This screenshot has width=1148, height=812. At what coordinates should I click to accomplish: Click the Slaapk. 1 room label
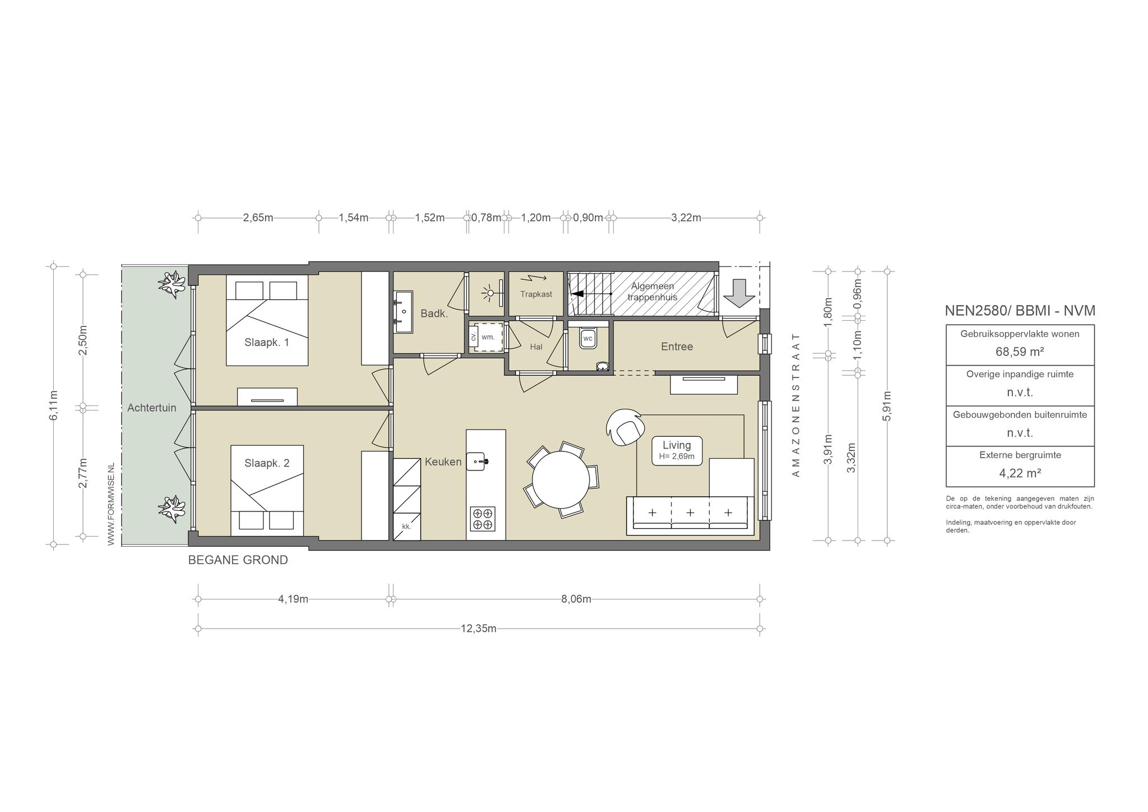[x=267, y=342]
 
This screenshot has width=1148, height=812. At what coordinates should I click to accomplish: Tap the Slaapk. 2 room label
[x=267, y=463]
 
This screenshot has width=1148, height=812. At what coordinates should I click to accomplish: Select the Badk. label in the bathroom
[x=434, y=313]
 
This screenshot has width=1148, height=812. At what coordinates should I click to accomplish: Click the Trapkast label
[x=536, y=294]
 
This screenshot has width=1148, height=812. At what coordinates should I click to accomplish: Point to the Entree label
[x=677, y=347]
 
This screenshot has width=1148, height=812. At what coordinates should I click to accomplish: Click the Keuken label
[x=443, y=462]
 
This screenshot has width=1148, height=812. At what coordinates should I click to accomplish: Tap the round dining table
[x=561, y=479]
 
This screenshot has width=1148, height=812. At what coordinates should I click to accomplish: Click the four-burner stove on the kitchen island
[x=483, y=519]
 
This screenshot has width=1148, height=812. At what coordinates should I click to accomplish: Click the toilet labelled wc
[x=588, y=338]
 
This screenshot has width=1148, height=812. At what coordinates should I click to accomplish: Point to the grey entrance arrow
[x=739, y=293]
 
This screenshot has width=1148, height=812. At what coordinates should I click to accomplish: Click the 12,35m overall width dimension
[x=479, y=629]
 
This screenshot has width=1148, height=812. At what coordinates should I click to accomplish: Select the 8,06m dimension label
[x=576, y=599]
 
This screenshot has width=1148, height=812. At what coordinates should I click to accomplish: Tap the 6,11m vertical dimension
[x=53, y=405]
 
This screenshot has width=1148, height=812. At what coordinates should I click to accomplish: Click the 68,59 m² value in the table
[x=1020, y=352]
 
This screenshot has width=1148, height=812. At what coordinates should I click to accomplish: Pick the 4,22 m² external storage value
[x=1020, y=473]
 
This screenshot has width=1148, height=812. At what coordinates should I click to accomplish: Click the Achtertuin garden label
[x=151, y=408]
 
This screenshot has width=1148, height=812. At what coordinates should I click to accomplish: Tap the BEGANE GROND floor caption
[x=238, y=560]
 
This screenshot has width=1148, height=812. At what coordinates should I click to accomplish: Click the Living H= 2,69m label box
[x=677, y=450]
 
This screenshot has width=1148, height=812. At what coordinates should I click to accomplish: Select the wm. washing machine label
[x=488, y=337]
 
